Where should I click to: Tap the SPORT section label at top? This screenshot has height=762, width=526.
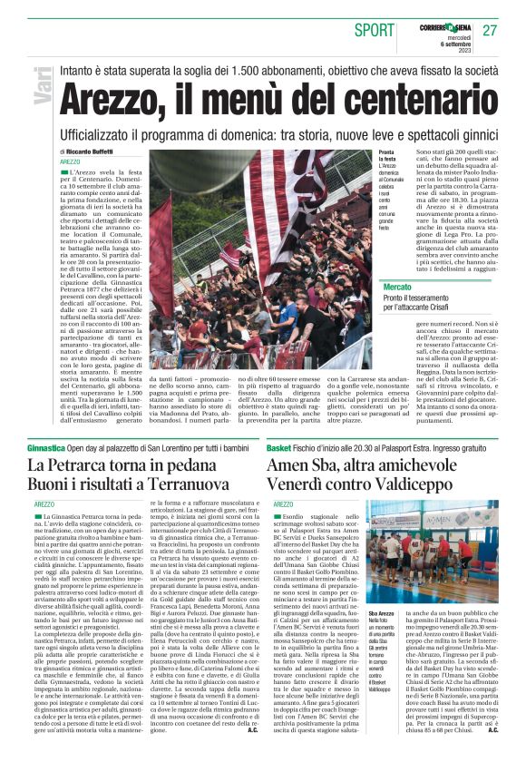[375, 31]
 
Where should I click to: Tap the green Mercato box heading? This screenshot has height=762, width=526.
[396, 286]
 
